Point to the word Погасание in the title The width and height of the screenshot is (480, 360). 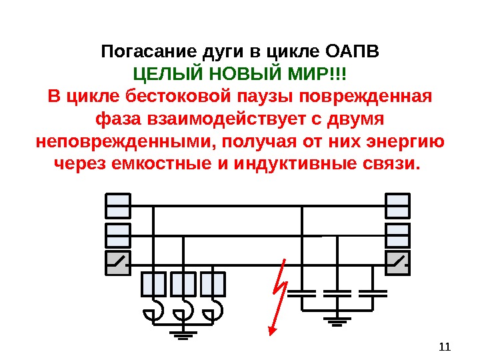point(140,51)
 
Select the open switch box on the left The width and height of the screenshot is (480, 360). point(118,263)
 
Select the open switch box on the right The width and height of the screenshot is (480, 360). point(397,263)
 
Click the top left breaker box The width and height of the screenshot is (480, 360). point(118,205)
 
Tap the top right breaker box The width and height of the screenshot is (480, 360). point(397,205)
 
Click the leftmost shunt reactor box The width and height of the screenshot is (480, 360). point(153,284)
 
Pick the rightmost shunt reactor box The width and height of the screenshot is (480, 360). point(213,284)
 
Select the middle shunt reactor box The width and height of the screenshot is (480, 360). point(183,284)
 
